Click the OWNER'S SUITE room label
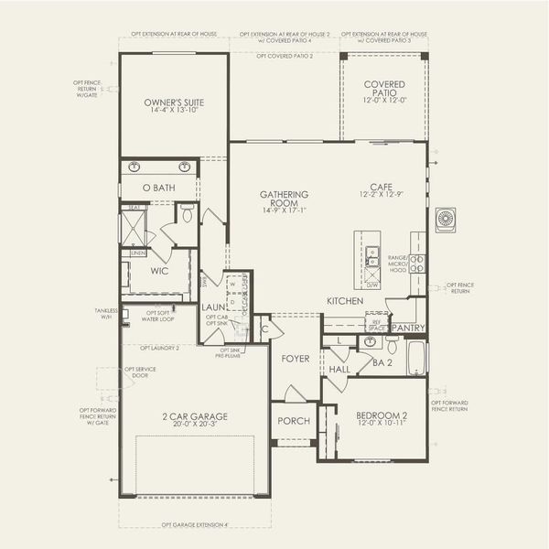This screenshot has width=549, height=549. pos(174,104)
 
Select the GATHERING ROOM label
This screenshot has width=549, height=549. pos(284,202)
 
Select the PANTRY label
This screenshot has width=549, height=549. pos(407,328)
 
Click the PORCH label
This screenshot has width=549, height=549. pos(295,421)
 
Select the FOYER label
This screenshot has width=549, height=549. pos(296,359)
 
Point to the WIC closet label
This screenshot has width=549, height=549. pos(159,271)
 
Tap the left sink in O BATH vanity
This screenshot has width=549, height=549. pos(135,167)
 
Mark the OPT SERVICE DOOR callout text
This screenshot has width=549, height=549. pos(137,371)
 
